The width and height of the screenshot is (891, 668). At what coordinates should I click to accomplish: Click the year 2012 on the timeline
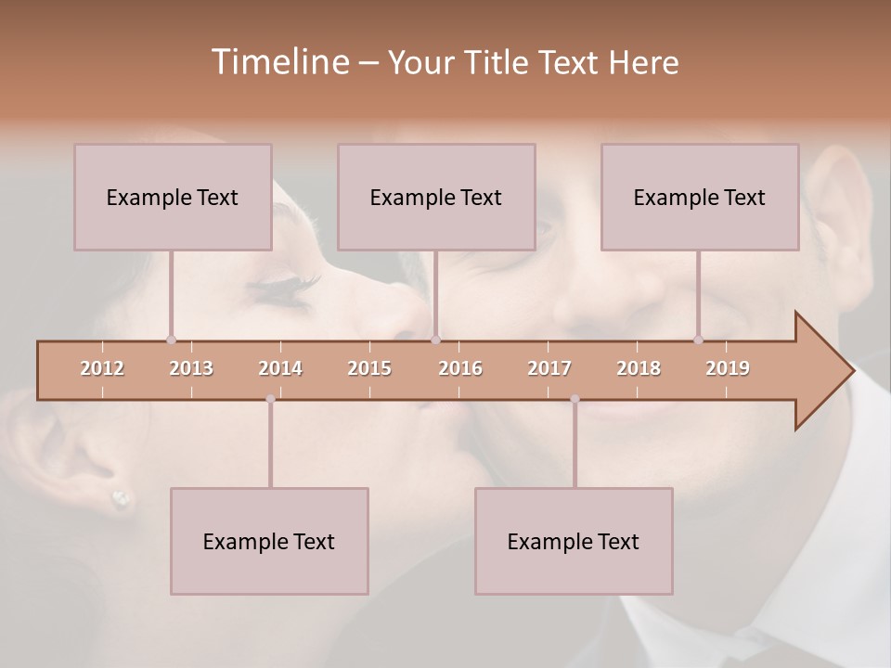coord(102,368)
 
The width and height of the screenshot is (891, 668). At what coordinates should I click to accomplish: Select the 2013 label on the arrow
coord(191,368)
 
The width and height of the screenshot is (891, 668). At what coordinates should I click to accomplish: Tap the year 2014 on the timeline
coord(280,368)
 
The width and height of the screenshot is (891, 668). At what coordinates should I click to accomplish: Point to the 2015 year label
coord(369,368)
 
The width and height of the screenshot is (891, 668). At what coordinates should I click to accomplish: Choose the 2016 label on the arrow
coord(460,368)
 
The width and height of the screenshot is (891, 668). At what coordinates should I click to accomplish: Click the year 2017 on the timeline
coord(549,368)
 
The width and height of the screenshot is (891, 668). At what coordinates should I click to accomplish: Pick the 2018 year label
coord(639,368)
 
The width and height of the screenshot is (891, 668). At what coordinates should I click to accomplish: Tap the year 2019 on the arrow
coord(728,368)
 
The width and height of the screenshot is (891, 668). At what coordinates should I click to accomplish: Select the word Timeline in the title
coord(278,62)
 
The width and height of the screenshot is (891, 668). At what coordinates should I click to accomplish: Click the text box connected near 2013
coord(173,197)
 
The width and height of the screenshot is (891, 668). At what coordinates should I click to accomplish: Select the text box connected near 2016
coord(436,197)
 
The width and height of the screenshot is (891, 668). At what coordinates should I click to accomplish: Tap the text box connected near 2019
coord(700,197)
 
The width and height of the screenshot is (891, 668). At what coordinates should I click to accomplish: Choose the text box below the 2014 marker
coord(269,541)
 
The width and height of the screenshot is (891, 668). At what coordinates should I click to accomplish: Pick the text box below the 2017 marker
coord(574,541)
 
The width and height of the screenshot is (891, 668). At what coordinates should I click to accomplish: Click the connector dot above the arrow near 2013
coord(171,340)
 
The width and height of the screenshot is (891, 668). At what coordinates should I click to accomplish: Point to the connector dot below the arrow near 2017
coord(575,399)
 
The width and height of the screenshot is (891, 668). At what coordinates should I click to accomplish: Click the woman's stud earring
coord(121,499)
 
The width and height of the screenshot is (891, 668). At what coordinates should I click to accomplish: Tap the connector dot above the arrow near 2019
coord(698,340)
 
